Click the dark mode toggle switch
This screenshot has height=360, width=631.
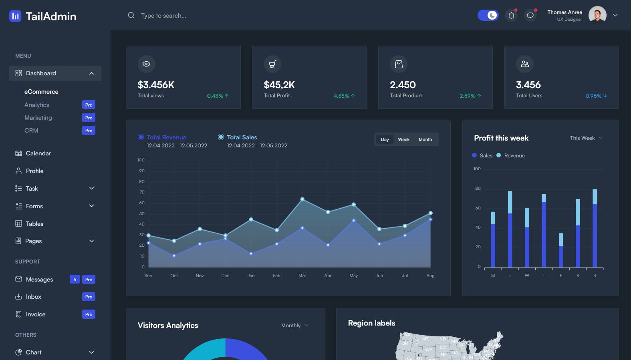(488, 15)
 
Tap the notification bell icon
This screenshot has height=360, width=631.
(511, 16)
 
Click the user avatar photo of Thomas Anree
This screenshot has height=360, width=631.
(597, 15)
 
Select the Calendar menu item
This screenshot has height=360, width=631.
(38, 153)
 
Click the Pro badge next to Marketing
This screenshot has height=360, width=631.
(89, 118)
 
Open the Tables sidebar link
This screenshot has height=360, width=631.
(34, 224)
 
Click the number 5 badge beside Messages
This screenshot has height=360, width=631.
(75, 280)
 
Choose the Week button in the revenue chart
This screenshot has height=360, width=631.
(403, 139)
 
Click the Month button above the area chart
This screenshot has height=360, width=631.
(425, 139)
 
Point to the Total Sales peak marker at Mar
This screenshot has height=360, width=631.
(302, 199)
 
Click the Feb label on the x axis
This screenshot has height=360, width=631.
(276, 276)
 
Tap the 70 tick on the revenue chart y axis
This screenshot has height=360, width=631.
(142, 192)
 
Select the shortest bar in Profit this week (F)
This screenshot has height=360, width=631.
(561, 250)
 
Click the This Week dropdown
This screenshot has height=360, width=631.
(586, 138)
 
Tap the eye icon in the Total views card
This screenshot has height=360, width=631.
(146, 64)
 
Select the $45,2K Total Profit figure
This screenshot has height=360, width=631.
(279, 85)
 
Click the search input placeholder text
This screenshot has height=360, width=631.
(163, 16)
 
